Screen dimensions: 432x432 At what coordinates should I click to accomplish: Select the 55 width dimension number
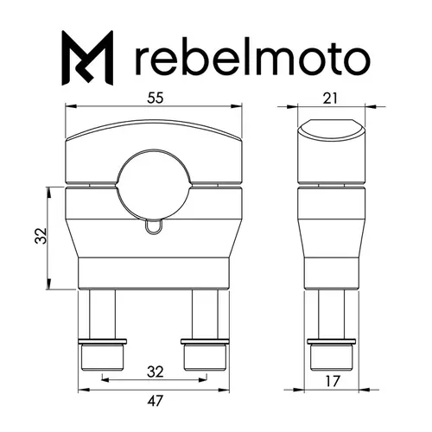point(154,98)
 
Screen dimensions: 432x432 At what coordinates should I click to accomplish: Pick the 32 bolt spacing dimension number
point(154,372)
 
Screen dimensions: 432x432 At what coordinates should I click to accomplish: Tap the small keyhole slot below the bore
point(154,226)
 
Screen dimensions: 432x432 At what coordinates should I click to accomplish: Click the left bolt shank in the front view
point(104,313)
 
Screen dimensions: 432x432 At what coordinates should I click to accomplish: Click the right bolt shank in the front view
point(203,313)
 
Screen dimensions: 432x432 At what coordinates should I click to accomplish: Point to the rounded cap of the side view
point(332,151)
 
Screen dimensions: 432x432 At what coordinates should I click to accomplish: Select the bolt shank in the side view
point(332,313)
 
